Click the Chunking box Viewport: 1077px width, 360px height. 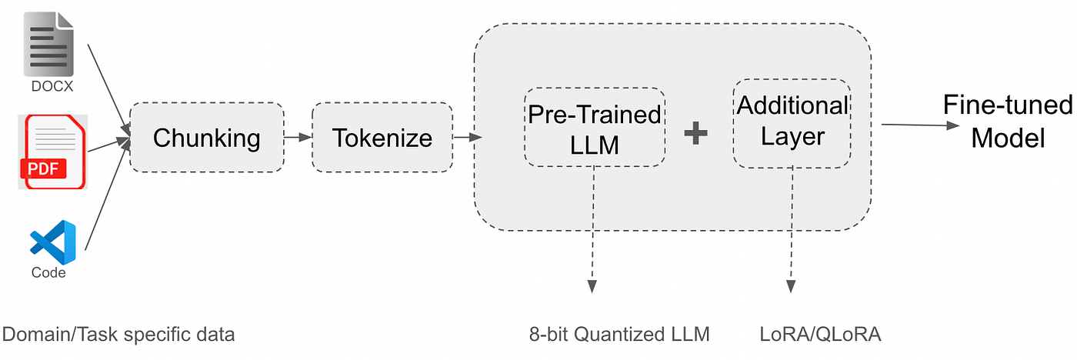click(x=206, y=138)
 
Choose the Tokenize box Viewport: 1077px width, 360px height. click(x=382, y=138)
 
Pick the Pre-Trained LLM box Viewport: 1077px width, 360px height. click(x=594, y=127)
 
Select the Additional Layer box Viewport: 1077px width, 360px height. click(x=792, y=123)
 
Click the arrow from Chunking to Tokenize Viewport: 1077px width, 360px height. click(x=298, y=138)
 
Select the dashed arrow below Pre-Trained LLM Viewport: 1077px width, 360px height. click(x=593, y=231)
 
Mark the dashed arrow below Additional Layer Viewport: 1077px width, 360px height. click(x=791, y=231)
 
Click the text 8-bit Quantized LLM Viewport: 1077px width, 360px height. click(x=619, y=334)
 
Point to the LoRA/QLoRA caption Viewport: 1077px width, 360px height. click(x=819, y=334)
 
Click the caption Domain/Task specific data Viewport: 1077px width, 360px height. click(x=118, y=334)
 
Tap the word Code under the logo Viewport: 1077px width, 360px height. click(x=48, y=272)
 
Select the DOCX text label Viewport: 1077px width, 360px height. click(x=52, y=87)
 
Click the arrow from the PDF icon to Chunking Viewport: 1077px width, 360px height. click(x=108, y=145)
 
